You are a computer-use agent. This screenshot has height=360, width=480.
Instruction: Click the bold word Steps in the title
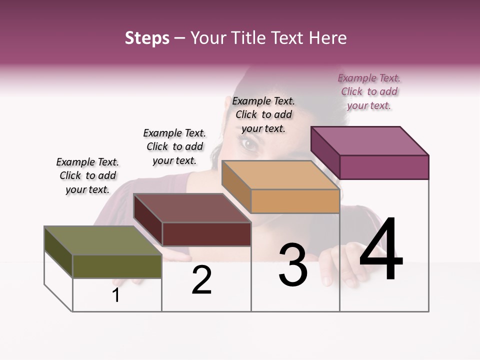click(x=147, y=38)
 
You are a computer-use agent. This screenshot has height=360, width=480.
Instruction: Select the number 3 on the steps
click(x=293, y=265)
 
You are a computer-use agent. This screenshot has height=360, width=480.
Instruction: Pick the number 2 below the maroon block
click(x=201, y=280)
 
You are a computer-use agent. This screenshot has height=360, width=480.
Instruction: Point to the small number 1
click(x=116, y=295)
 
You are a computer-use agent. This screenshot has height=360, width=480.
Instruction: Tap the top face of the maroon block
click(x=192, y=208)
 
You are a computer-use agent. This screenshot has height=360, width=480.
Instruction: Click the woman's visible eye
click(x=249, y=145)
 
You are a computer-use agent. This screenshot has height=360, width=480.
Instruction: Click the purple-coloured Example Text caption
click(x=369, y=91)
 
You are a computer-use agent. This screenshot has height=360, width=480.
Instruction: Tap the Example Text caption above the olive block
click(x=88, y=175)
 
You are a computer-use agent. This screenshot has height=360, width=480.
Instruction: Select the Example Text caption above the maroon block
click(x=174, y=146)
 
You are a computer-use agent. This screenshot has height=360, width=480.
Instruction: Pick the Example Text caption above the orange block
click(x=263, y=114)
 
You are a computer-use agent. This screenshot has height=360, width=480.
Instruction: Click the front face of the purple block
click(x=384, y=167)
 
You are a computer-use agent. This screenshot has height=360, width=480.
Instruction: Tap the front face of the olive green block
click(x=117, y=266)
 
